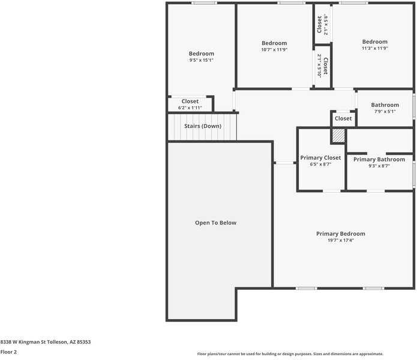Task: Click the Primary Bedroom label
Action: (x=340, y=234)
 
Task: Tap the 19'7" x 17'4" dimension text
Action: (x=340, y=241)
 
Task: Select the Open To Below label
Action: (x=215, y=223)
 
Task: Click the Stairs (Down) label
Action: (x=203, y=126)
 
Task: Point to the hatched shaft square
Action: (x=338, y=136)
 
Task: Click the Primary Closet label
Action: (x=320, y=158)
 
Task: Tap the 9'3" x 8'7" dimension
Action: (x=379, y=166)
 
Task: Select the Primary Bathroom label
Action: (x=379, y=159)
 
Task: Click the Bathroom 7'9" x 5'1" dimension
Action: (x=385, y=112)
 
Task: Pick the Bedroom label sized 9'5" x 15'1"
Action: (x=202, y=53)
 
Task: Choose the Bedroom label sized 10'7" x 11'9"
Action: (x=274, y=43)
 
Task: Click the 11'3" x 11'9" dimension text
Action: (x=375, y=49)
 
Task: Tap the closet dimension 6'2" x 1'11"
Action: (x=190, y=107)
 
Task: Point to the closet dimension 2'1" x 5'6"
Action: (x=326, y=25)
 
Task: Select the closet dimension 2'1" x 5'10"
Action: (x=319, y=66)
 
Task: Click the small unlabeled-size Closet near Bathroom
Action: (x=343, y=118)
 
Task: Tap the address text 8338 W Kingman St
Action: (x=23, y=342)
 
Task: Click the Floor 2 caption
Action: (x=8, y=352)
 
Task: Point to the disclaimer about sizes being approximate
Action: (x=290, y=354)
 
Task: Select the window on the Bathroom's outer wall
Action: (x=414, y=106)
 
